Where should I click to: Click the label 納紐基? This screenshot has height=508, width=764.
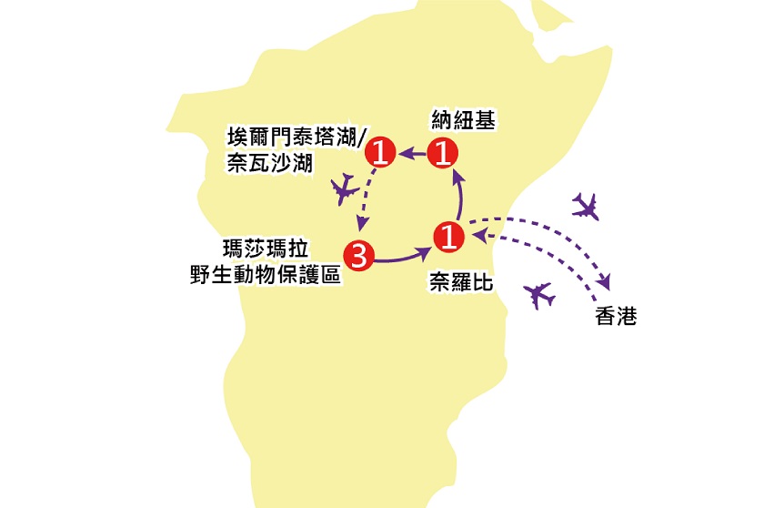pyautogui.click(x=462, y=121)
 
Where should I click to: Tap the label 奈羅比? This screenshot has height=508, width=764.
pyautogui.click(x=461, y=284)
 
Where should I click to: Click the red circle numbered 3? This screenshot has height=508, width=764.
pyautogui.click(x=358, y=257)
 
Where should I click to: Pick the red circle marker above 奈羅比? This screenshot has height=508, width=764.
pyautogui.click(x=447, y=237)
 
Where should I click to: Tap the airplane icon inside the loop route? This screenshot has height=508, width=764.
pyautogui.click(x=344, y=189)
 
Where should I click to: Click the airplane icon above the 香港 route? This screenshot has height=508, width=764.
pyautogui.click(x=588, y=207)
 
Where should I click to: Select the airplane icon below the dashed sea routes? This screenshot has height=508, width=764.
pyautogui.click(x=540, y=295)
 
